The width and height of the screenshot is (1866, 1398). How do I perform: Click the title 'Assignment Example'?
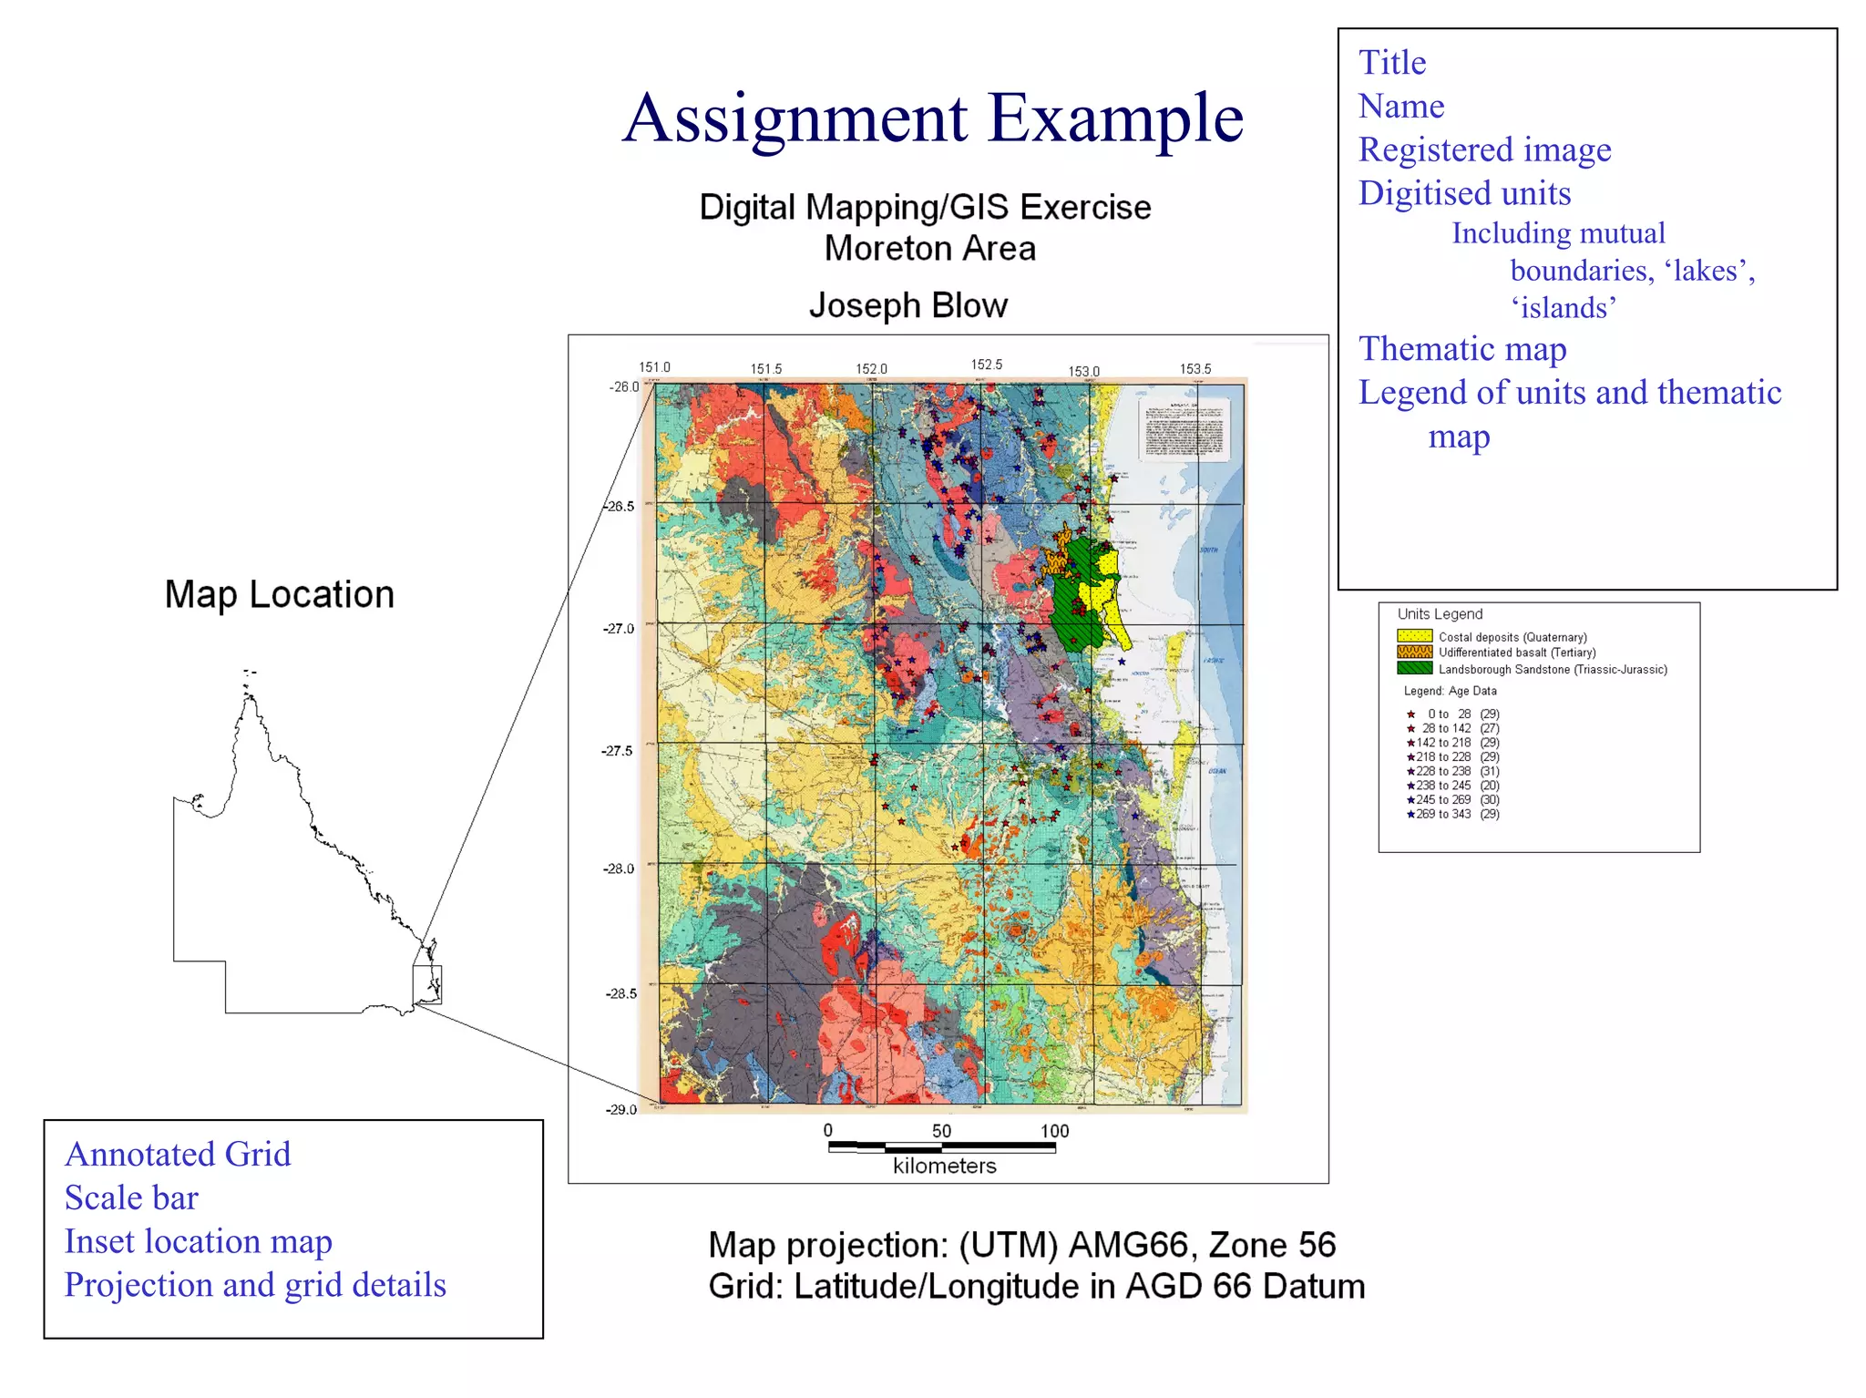(932, 118)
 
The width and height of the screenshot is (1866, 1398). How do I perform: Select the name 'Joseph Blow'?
(907, 305)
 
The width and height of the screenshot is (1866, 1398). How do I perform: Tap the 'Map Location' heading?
(279, 594)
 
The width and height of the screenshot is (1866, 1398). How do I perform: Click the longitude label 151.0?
(654, 367)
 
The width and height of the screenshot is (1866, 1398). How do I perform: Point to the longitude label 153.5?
(1194, 369)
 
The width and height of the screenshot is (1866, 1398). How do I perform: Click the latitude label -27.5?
(618, 751)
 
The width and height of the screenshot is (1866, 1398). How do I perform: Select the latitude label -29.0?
(620, 1109)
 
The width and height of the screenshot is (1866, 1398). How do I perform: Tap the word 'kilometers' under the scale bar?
(944, 1166)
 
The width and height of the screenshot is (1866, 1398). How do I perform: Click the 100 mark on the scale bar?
(1054, 1131)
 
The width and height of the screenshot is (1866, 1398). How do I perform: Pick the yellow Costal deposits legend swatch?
(1414, 636)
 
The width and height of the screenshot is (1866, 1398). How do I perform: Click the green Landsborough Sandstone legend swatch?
(1414, 669)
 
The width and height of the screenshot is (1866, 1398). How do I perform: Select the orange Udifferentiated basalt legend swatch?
(1414, 653)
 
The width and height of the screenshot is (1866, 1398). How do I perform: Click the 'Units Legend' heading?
(1440, 614)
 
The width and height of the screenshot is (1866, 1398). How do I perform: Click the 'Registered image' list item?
(1484, 149)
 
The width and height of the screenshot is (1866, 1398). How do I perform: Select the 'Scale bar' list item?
(131, 1198)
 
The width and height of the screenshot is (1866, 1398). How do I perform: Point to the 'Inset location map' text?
(198, 1241)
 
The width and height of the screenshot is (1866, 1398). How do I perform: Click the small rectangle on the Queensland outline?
(427, 984)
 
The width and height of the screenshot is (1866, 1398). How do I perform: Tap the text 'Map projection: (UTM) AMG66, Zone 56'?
(1021, 1245)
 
